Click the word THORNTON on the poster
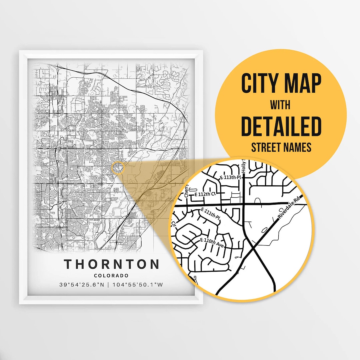coord(112,264)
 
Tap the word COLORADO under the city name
coord(111,276)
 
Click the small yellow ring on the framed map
coord(118,168)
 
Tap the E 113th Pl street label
coord(230,178)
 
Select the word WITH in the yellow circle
coord(281,105)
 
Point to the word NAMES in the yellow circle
coord(299,147)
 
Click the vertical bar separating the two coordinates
coord(110,285)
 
